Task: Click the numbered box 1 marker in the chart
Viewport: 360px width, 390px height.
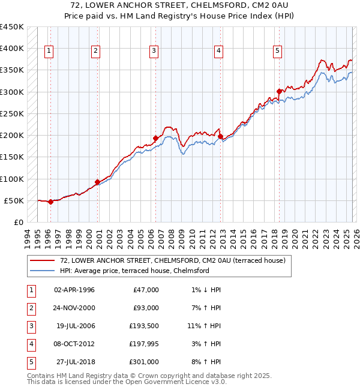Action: pos(49,52)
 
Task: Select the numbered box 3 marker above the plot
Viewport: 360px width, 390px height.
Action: pos(154,52)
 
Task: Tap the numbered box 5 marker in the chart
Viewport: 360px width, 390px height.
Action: pos(278,52)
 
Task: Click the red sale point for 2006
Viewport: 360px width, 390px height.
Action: pos(155,138)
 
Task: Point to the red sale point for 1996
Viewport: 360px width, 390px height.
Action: pos(50,202)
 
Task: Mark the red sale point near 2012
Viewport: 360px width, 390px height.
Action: pos(220,136)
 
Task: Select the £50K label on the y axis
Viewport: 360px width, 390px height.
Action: pos(14,200)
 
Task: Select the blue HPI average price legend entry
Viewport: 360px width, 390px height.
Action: pos(134,271)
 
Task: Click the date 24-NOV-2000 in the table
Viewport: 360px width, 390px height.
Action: pos(74,308)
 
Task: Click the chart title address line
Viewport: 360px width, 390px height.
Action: pos(180,5)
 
